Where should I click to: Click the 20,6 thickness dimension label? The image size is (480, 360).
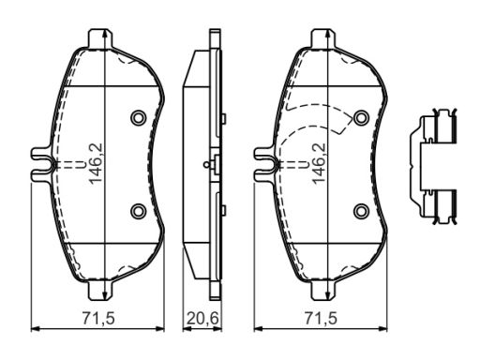202,319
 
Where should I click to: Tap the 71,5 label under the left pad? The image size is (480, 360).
98,319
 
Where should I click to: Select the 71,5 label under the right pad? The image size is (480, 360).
322,319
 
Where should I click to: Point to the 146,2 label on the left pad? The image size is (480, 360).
96,163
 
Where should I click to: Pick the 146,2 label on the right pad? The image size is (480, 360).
319,163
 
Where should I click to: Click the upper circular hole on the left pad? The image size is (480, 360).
139,118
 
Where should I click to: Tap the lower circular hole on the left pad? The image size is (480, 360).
139,211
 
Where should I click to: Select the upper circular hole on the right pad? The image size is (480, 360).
361,118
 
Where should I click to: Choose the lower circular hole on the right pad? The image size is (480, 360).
361,211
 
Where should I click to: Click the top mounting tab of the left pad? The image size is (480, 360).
100,38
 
